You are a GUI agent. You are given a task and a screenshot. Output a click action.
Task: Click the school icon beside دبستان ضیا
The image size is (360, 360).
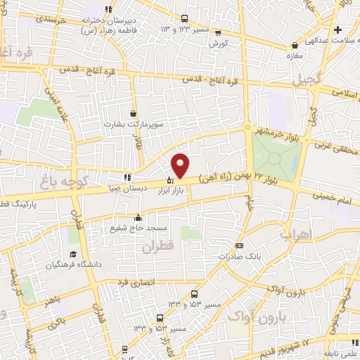coord(127,177)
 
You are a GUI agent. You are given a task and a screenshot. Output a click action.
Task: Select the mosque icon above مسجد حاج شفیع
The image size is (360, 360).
coord(138,217)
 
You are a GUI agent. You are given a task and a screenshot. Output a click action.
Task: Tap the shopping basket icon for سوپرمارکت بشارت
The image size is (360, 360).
coord(133,113)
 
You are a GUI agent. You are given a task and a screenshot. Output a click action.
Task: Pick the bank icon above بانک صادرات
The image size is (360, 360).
coord(240,245)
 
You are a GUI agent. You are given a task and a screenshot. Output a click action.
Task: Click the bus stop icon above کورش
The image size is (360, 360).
coord(217,32)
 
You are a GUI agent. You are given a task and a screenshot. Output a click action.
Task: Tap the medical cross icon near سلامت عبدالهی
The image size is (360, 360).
coord(338,30)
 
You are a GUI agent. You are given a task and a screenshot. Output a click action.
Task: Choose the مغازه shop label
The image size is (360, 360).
coord(295,55)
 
